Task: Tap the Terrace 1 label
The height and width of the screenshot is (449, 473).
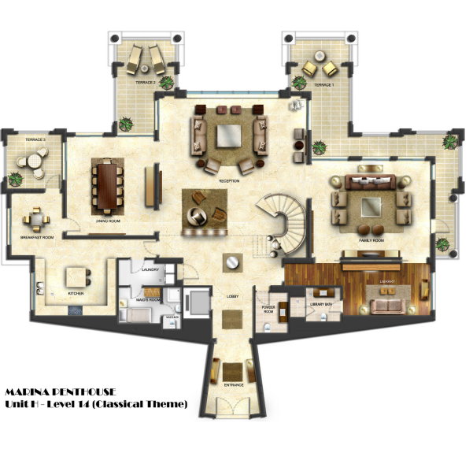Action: coord(323,83)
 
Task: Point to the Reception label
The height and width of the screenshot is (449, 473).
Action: coord(230,180)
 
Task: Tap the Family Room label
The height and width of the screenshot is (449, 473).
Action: coord(371,239)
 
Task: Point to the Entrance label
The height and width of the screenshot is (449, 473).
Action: coord(233,385)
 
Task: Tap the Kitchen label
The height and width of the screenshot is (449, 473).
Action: coord(76,294)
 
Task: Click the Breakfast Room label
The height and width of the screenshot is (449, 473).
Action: coord(38,237)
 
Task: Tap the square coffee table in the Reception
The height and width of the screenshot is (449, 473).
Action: coord(228,136)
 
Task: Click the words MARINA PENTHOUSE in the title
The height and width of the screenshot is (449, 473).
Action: coord(61,391)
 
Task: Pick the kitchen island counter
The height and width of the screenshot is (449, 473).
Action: coord(77,277)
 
